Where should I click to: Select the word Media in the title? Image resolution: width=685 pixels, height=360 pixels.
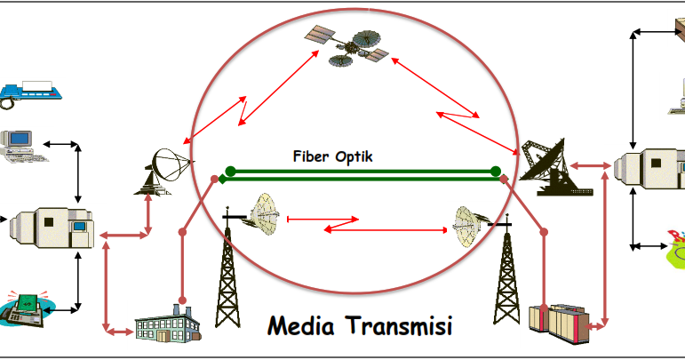pos(305,326)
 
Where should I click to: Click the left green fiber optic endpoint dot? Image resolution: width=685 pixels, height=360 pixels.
pos(231,171)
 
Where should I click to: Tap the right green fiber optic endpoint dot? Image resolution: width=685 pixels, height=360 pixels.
pos(496,171)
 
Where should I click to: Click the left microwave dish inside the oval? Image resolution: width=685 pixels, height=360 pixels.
pos(265,212)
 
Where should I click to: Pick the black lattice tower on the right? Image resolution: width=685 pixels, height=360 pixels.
pos(506,267)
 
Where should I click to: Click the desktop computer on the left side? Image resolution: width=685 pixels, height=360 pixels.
pos(21,147)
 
